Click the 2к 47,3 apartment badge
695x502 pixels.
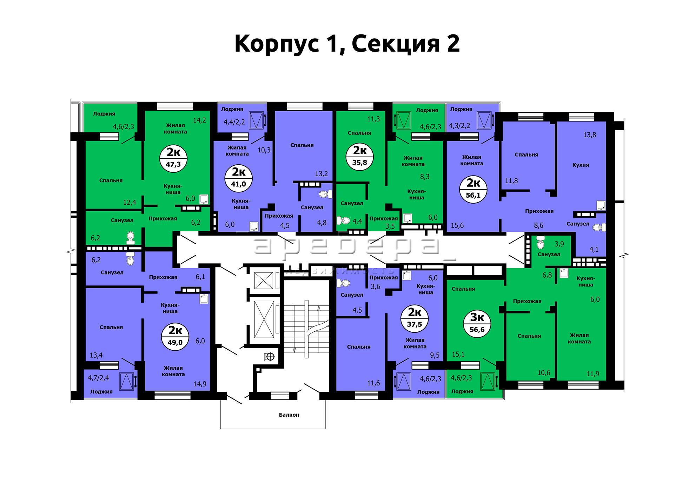173,158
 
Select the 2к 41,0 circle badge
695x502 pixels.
239,178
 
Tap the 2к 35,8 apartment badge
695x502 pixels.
360,157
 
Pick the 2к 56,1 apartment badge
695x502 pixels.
473,190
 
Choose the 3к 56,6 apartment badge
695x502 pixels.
477,324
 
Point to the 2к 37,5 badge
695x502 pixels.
415,318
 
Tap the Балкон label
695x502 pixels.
289,415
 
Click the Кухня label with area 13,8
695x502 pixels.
581,165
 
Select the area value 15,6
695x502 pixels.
457,225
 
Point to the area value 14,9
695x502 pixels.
200,384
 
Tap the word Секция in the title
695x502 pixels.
396,44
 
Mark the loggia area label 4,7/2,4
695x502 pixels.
98,378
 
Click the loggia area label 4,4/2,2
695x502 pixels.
234,122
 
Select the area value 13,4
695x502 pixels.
96,355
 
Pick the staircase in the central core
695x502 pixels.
306,329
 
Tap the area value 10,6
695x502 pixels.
544,373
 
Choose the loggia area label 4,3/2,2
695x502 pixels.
459,126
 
